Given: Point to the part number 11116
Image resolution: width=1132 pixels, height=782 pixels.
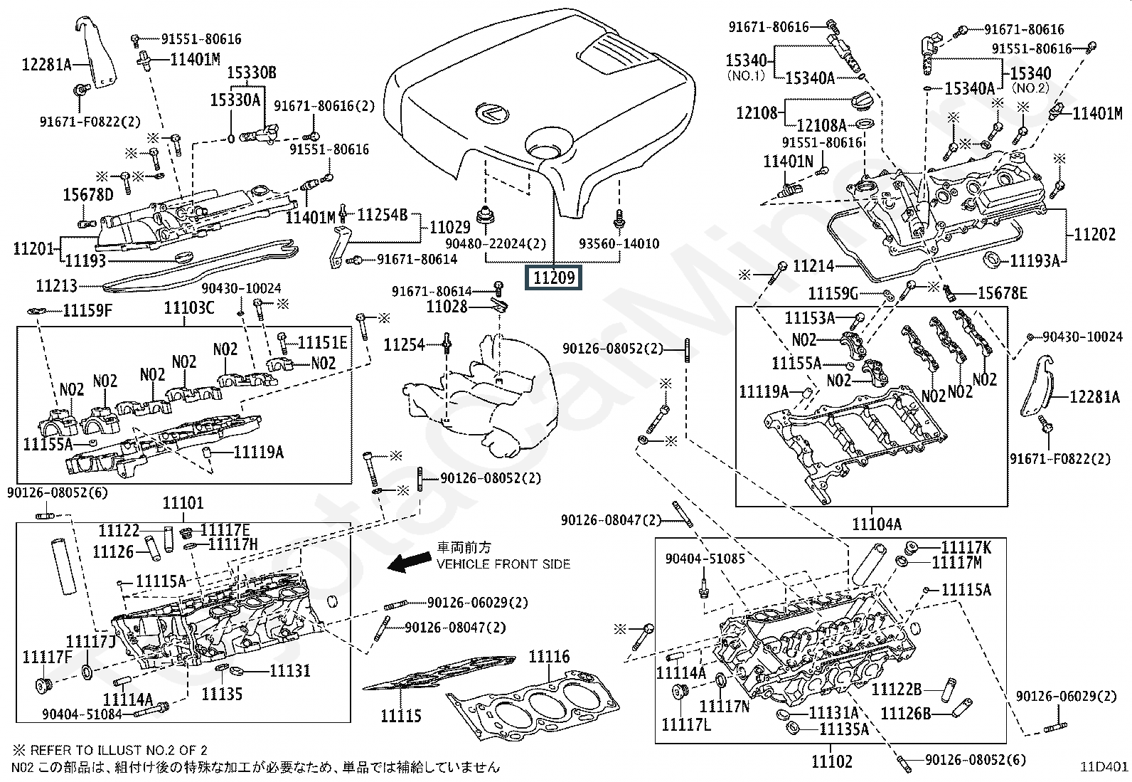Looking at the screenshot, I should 549,657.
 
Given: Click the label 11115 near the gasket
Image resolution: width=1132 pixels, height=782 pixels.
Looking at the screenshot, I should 401,716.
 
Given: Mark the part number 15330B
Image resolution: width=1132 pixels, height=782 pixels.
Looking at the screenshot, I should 252,73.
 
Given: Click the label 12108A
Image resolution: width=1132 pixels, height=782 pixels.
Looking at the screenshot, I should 821,125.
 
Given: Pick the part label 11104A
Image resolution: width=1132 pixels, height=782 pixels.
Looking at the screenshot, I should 877,524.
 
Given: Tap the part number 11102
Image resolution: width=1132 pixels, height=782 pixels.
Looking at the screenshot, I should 831,761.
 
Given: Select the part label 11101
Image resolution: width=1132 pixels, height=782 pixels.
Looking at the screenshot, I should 183,503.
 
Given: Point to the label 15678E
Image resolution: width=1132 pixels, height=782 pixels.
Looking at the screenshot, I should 1002,293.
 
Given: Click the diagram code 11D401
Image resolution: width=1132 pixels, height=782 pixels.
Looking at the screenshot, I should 1104,766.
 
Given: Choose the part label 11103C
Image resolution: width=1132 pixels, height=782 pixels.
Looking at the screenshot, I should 188,307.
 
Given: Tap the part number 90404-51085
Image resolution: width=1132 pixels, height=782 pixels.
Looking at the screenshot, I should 705,559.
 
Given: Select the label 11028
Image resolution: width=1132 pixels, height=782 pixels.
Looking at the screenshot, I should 447,307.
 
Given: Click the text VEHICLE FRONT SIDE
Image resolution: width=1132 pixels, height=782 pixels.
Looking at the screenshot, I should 503,564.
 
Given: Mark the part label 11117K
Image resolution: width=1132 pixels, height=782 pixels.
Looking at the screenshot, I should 966,547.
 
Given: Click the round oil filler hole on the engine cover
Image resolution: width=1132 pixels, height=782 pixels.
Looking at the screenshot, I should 544,150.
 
